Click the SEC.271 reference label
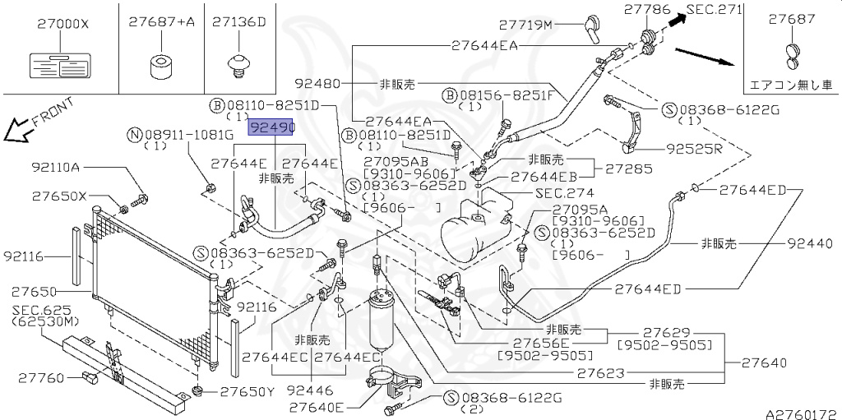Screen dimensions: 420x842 pos(714,10)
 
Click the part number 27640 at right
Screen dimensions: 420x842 pos(764,362)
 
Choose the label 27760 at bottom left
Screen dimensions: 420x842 pos(38,378)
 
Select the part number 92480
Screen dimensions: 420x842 pos(317,84)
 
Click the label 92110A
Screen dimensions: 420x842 pos(56,168)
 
